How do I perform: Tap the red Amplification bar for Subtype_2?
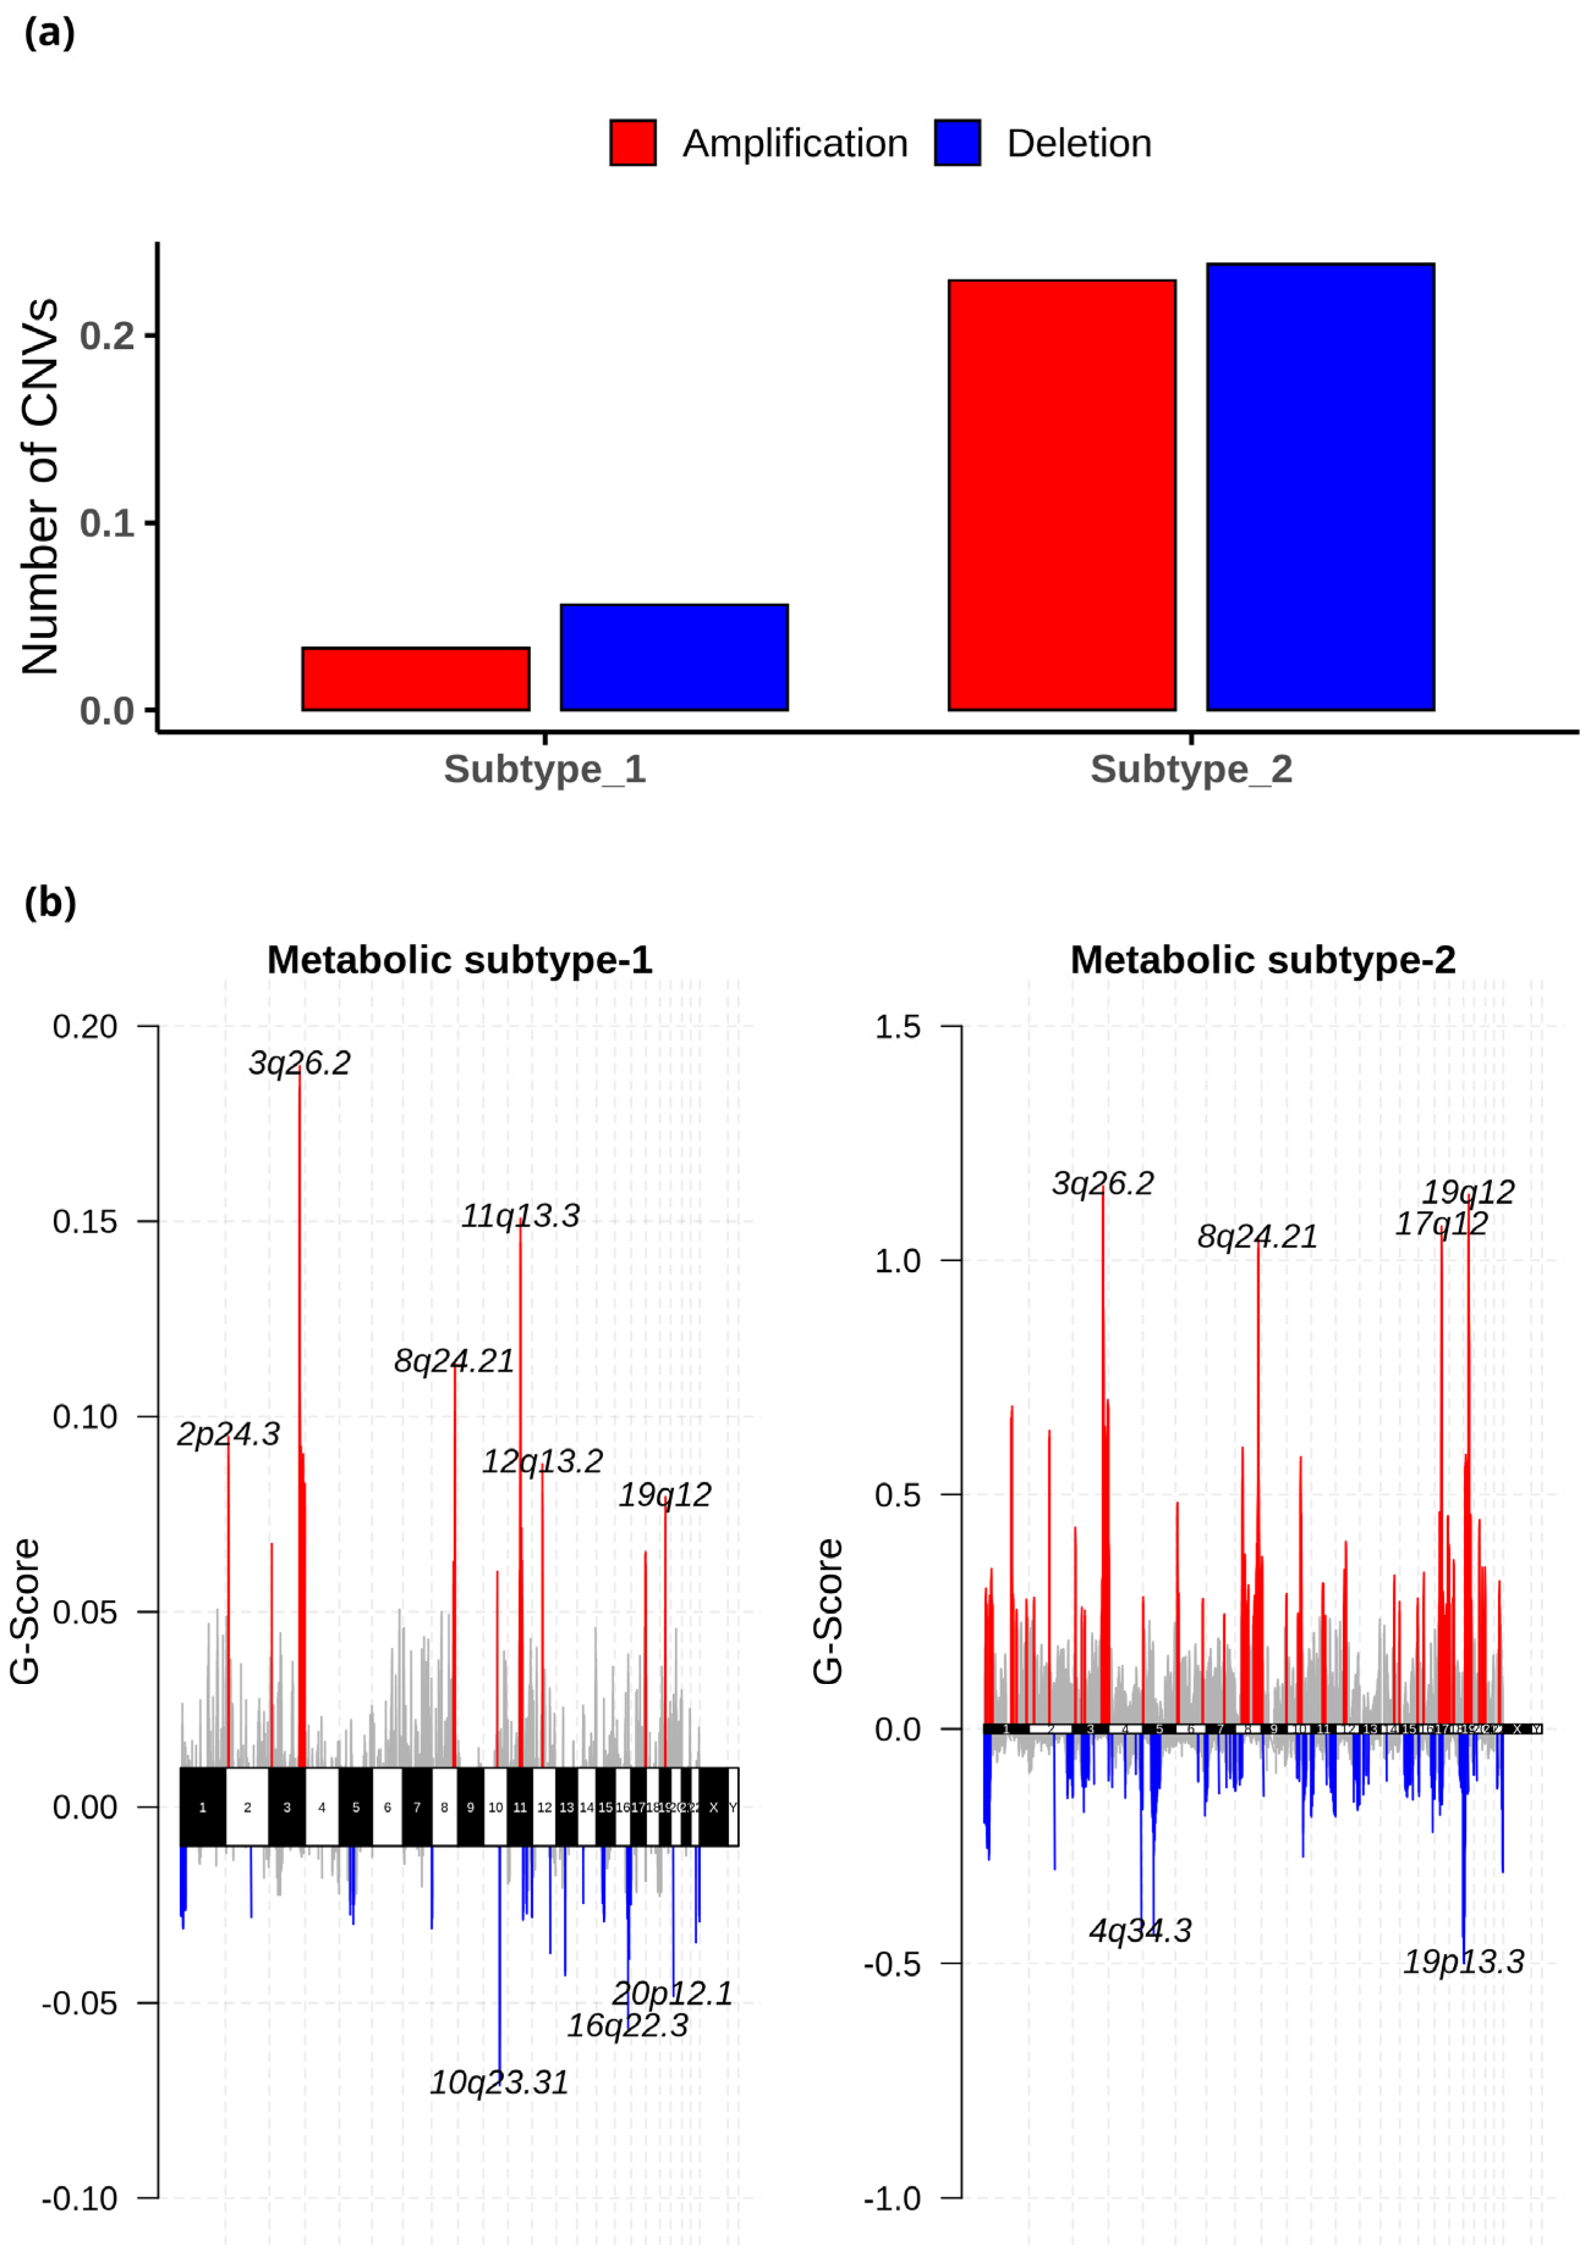click(1062, 495)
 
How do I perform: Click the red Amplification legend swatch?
click(632, 142)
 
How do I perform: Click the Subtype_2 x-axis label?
click(1191, 769)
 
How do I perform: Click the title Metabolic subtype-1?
click(459, 959)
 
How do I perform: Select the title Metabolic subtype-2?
click(1262, 959)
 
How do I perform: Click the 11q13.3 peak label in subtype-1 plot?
click(521, 1216)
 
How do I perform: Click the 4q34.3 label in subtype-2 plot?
click(1140, 1930)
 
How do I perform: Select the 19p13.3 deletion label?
click(1463, 1962)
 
